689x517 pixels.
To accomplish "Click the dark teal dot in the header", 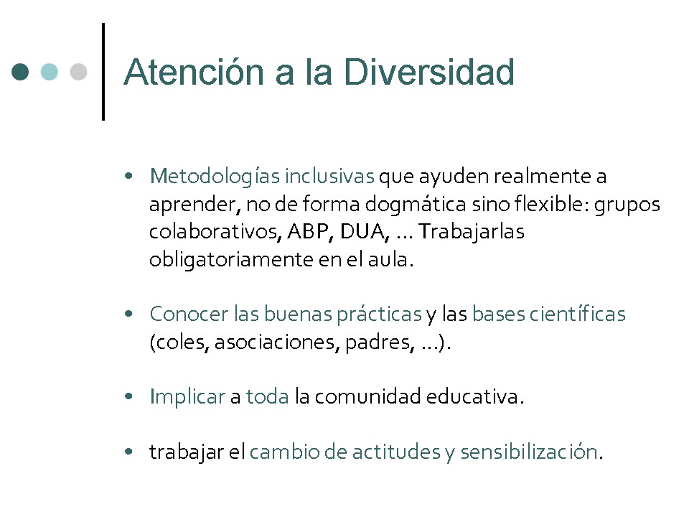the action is (x=20, y=72).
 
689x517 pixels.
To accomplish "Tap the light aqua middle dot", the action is (x=50, y=72).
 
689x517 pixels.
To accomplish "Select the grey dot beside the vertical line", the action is (x=78, y=72).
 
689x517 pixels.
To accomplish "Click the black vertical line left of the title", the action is (x=103, y=72).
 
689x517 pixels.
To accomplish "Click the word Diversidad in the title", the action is (x=428, y=72).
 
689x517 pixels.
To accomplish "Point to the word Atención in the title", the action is (x=194, y=72).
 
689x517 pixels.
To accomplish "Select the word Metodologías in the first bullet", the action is (x=215, y=177).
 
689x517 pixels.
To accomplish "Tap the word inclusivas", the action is (x=329, y=176).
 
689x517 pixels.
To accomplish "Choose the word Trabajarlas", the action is (x=471, y=232).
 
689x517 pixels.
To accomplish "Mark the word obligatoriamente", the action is (x=231, y=259).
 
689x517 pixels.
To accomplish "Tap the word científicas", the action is (x=577, y=314).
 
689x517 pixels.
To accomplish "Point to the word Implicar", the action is (x=187, y=397).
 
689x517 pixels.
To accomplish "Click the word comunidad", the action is (x=367, y=396).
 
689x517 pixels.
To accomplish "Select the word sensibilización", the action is (x=529, y=452).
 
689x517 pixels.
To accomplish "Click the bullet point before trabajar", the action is (x=128, y=452).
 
